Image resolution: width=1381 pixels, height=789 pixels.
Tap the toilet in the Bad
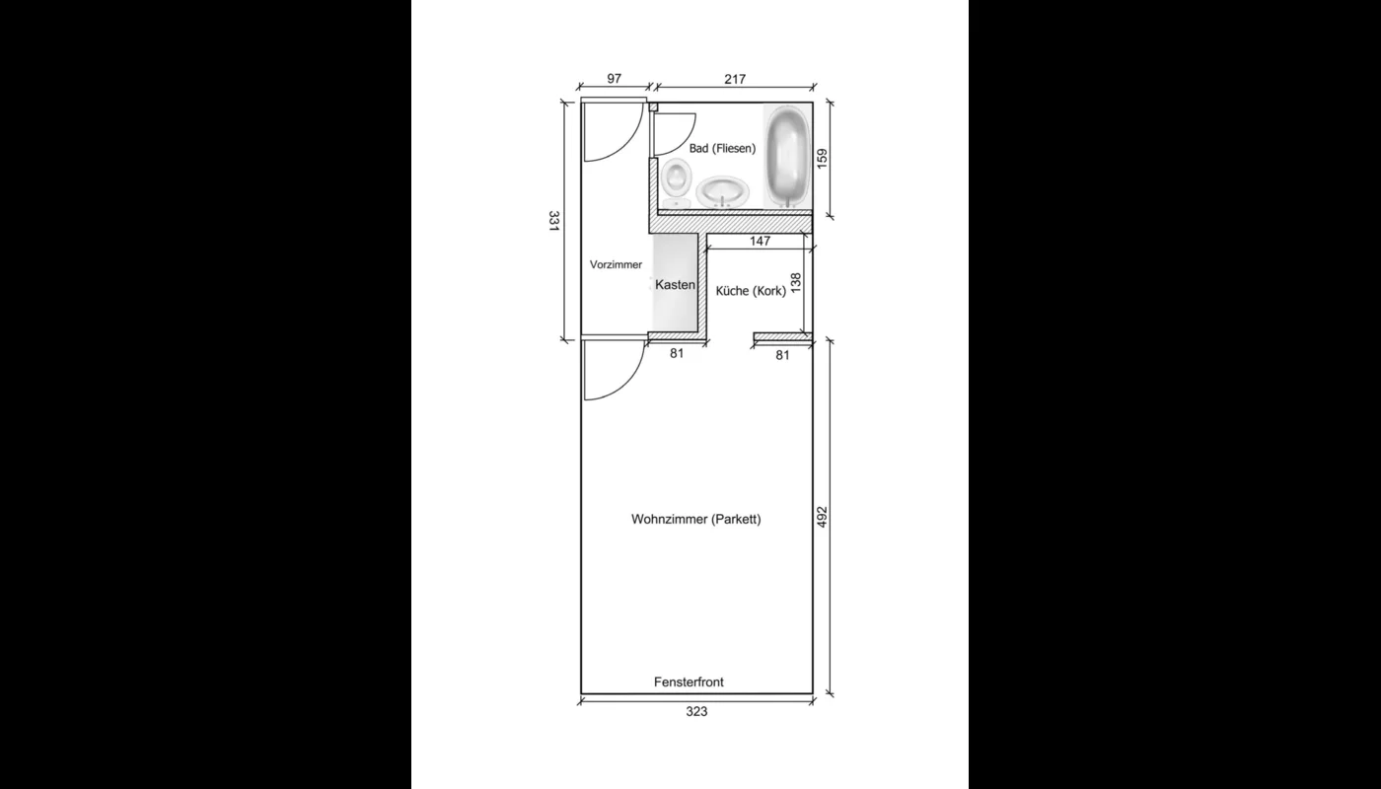677,179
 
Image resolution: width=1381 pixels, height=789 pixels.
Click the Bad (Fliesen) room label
722,149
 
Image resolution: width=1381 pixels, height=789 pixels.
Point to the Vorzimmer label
616,264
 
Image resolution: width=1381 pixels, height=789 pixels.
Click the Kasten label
676,285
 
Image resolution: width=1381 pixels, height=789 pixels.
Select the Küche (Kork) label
751,291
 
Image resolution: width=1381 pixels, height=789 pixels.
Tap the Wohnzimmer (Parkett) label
696,520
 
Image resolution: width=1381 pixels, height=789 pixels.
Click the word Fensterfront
689,681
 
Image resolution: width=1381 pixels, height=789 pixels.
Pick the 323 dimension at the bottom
696,711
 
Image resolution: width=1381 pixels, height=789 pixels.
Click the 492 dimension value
822,518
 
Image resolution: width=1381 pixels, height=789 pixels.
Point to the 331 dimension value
554,222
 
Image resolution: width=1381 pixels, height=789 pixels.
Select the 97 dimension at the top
615,79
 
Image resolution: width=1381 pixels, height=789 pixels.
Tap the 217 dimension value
734,79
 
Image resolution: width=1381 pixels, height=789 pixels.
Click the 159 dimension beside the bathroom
822,159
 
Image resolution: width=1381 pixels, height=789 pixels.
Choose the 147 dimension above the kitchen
760,241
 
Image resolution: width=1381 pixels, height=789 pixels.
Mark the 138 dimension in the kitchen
796,284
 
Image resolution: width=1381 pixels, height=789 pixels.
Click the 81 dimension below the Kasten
677,353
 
